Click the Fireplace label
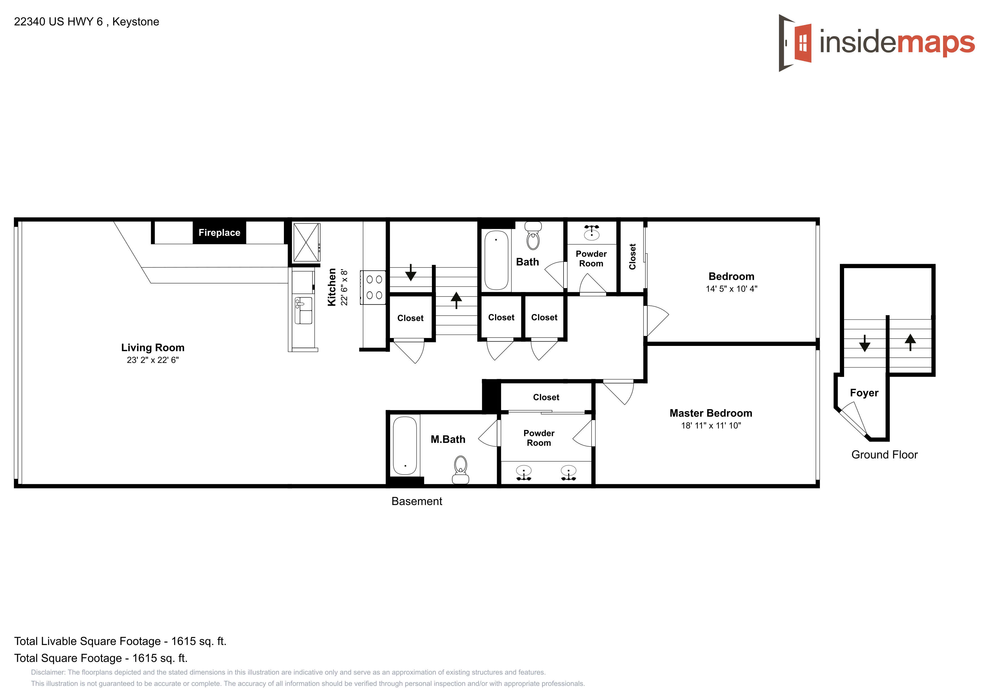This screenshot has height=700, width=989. pyautogui.click(x=219, y=233)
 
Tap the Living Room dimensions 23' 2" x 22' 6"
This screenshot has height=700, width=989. pyautogui.click(x=153, y=360)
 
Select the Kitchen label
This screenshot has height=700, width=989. pyautogui.click(x=332, y=287)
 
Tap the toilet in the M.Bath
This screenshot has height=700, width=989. pyautogui.click(x=460, y=470)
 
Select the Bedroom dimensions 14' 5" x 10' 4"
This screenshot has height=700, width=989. pyautogui.click(x=731, y=289)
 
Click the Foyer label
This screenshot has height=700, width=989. pyautogui.click(x=864, y=393)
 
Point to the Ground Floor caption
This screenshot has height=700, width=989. pyautogui.click(x=884, y=455)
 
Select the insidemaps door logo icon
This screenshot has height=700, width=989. pyautogui.click(x=795, y=43)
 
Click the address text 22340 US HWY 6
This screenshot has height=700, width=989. pyautogui.click(x=58, y=21)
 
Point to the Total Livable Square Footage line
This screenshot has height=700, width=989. pyautogui.click(x=120, y=641)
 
